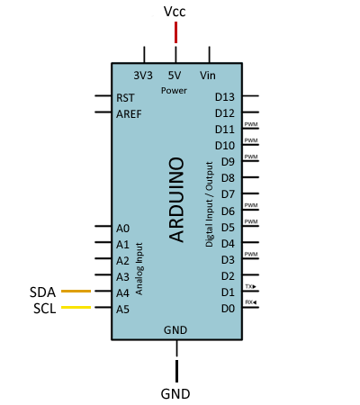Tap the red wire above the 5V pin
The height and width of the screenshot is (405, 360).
(175, 32)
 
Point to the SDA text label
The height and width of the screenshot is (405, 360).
(42, 292)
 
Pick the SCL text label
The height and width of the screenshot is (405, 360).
(42, 309)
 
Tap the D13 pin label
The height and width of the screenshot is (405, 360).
(225, 96)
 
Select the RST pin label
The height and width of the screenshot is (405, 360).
(126, 96)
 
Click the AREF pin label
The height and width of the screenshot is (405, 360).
(129, 113)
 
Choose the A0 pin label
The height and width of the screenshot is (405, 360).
(123, 228)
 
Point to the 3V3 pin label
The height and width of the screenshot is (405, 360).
(143, 75)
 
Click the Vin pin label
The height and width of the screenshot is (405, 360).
(208, 75)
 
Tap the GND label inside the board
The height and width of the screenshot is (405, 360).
(175, 330)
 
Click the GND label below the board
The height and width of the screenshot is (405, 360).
(175, 393)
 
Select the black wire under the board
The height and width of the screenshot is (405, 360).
(176, 369)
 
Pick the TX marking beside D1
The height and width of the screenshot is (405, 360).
(250, 286)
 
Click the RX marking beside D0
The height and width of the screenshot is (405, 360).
(250, 302)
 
